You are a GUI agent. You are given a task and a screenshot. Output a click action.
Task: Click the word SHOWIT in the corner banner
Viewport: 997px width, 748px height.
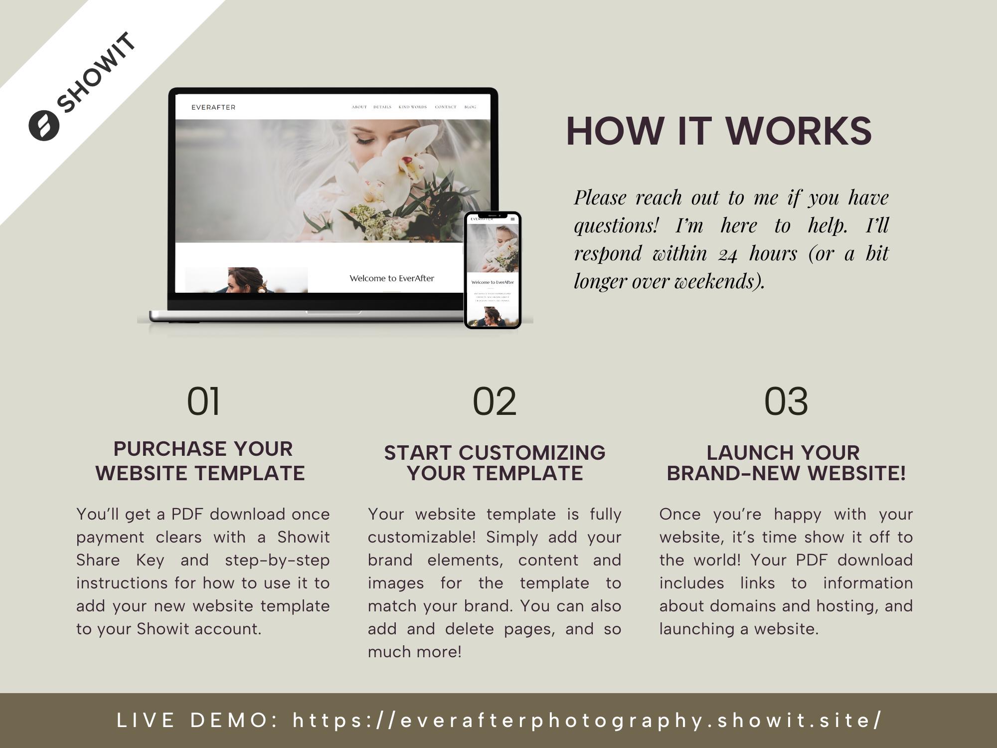(96, 73)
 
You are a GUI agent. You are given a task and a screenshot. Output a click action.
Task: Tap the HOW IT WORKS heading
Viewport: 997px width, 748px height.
(718, 131)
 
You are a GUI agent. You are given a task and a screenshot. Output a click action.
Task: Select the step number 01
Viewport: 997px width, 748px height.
(203, 401)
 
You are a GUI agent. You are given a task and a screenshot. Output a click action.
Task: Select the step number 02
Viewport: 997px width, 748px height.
(494, 401)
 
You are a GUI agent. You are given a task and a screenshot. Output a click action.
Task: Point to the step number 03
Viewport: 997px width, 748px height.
(786, 401)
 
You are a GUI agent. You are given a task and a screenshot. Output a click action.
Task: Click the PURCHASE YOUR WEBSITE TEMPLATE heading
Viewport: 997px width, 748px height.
(201, 461)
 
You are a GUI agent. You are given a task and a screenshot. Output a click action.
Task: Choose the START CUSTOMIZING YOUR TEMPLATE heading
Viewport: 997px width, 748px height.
(495, 463)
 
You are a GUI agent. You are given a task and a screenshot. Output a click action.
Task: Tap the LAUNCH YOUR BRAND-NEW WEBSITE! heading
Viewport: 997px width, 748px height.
(786, 463)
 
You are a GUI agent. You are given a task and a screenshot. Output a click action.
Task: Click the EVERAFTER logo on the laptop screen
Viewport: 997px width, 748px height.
(213, 107)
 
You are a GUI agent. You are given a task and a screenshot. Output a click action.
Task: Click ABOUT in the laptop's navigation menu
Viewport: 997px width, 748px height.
(359, 107)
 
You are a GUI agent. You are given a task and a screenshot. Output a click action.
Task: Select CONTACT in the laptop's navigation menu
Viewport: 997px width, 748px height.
(445, 107)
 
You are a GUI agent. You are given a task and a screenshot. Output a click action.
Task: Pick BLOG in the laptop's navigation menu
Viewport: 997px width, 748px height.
(470, 107)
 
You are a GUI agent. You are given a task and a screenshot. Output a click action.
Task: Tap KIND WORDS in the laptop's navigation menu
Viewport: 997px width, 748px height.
(413, 107)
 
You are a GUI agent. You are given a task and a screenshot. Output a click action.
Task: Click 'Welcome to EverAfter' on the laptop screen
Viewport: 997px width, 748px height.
(392, 278)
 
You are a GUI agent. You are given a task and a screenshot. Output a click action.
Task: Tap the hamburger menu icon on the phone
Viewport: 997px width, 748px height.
(512, 219)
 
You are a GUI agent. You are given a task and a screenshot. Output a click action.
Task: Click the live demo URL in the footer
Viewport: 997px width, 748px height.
(587, 720)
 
